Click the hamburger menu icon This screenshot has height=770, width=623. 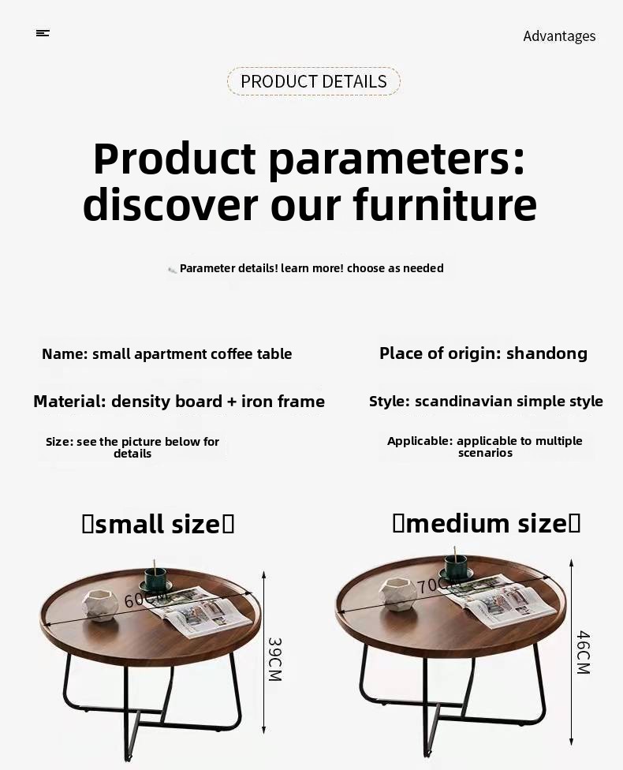[x=43, y=33]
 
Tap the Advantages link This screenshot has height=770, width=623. [x=559, y=36]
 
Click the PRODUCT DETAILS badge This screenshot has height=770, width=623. [x=314, y=81]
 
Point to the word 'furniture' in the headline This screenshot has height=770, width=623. [x=445, y=204]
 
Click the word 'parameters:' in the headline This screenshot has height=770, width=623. [x=397, y=159]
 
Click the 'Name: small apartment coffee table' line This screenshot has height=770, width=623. [x=167, y=354]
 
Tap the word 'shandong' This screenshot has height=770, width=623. [x=547, y=353]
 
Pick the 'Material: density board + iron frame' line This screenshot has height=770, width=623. [x=179, y=402]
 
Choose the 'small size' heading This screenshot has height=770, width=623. [x=158, y=524]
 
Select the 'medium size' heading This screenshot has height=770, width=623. [x=487, y=523]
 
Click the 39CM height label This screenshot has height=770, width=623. [x=275, y=659]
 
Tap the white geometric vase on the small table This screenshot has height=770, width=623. [x=100, y=605]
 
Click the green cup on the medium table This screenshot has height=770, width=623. [x=456, y=567]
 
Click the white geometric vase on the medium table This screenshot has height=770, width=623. [x=397, y=594]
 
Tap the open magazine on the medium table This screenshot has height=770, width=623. [x=498, y=601]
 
